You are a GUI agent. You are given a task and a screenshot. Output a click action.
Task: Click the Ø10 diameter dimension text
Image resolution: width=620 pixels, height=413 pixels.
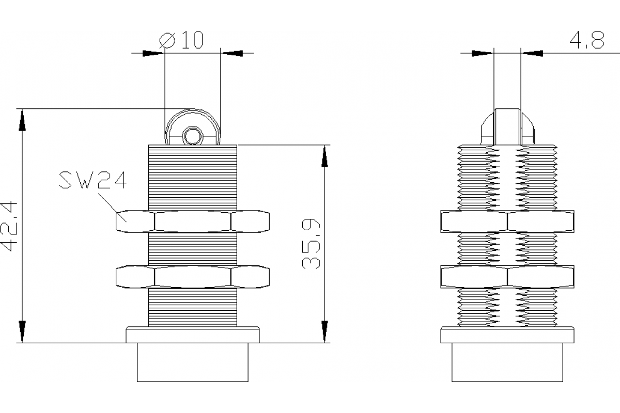point(181,40)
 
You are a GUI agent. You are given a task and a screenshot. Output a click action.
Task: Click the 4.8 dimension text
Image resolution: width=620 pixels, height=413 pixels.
point(586,40)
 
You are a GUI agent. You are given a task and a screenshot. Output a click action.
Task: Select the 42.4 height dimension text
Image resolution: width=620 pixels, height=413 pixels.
point(11,226)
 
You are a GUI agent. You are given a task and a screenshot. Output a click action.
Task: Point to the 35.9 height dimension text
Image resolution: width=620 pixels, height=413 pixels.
point(312,244)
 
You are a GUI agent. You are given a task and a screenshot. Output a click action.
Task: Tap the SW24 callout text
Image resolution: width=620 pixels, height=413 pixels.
point(92,181)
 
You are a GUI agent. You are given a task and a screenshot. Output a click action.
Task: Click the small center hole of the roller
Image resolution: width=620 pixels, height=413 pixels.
point(193,136)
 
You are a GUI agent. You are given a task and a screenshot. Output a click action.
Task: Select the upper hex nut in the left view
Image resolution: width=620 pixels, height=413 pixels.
point(193,221)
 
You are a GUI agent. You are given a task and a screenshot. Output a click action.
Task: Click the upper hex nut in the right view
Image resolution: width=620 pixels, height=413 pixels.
point(507,221)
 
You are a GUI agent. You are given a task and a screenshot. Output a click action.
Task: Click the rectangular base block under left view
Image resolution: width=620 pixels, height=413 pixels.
point(193,362)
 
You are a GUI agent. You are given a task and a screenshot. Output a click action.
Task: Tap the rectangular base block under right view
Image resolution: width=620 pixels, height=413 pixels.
point(507,362)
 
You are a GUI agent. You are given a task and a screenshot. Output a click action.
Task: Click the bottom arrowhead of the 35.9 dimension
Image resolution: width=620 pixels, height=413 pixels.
point(324,330)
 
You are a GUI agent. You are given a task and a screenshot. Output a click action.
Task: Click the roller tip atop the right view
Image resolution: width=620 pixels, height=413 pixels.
point(507,126)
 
